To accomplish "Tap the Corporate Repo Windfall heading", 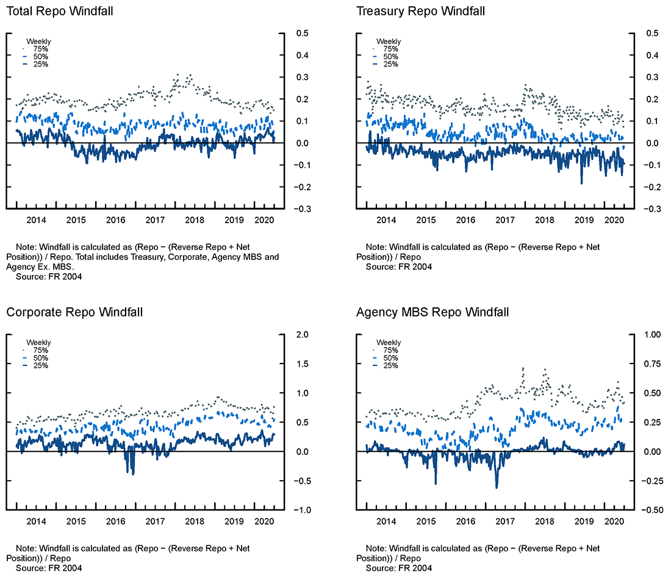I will coord(74,312).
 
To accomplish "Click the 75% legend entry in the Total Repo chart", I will coord(40,49).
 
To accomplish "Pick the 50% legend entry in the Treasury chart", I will coord(390,57).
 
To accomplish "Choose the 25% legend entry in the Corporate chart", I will coord(40,365).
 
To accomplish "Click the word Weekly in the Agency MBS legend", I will coord(389,343).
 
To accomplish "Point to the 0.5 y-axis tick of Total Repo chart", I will coord(301,34).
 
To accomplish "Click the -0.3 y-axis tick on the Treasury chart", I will coord(650,209).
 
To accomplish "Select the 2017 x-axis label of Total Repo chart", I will coord(155,221).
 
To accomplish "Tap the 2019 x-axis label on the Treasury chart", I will coord(584,221).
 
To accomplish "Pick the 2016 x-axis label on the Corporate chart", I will coord(115,522).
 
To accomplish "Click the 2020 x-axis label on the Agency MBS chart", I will coord(613,522).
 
